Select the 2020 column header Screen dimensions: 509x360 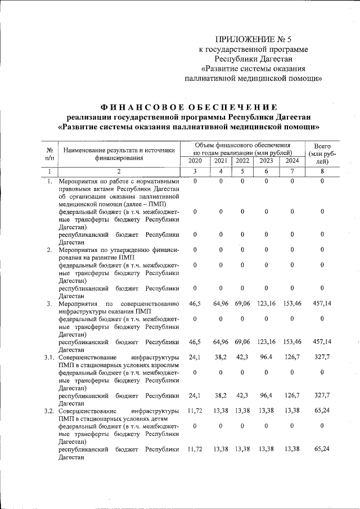point(195,161)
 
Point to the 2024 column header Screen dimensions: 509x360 point(292,161)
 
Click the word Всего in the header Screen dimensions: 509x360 point(322,145)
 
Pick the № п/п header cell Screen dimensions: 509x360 point(49,153)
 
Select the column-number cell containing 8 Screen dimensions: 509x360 point(322,171)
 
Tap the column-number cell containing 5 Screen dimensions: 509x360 point(241,171)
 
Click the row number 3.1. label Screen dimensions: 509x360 point(49,357)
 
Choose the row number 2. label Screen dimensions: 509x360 point(49,249)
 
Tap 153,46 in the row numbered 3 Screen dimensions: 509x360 point(292,303)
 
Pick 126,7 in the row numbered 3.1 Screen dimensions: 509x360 point(292,357)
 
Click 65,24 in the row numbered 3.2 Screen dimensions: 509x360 point(322,411)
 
